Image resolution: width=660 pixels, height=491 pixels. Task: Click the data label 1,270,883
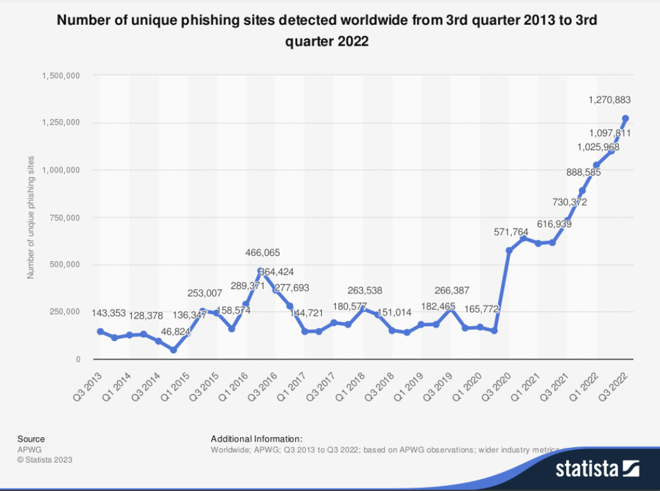(609, 99)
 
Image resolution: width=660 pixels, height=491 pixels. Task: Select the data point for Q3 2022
(625, 118)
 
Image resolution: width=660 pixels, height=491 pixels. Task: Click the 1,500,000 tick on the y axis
(61, 75)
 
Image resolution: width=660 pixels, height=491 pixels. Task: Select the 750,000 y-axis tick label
(65, 217)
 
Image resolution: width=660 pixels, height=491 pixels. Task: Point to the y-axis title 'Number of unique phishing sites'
(30, 217)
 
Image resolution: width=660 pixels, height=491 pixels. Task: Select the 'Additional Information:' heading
(257, 438)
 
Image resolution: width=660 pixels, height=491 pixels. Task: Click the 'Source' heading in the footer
(31, 438)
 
